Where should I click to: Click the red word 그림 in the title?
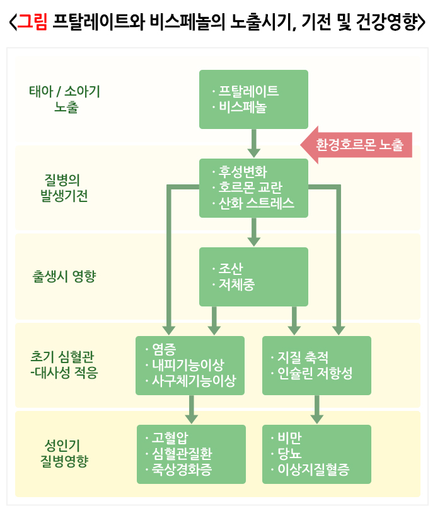point(32,24)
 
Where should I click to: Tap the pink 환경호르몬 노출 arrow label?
point(360,145)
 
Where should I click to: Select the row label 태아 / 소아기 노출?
point(65,99)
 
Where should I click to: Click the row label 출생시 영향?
point(64,276)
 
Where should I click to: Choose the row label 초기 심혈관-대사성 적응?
point(65,364)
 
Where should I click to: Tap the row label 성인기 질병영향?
point(64,452)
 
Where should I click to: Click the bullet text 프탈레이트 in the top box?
point(249,91)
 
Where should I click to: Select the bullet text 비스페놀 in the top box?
point(243,108)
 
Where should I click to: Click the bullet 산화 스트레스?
point(257,203)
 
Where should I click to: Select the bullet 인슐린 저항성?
point(315,373)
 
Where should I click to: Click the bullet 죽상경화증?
point(187,469)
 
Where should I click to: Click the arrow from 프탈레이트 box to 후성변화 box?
point(253,143)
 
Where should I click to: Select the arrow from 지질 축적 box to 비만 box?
point(316,410)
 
